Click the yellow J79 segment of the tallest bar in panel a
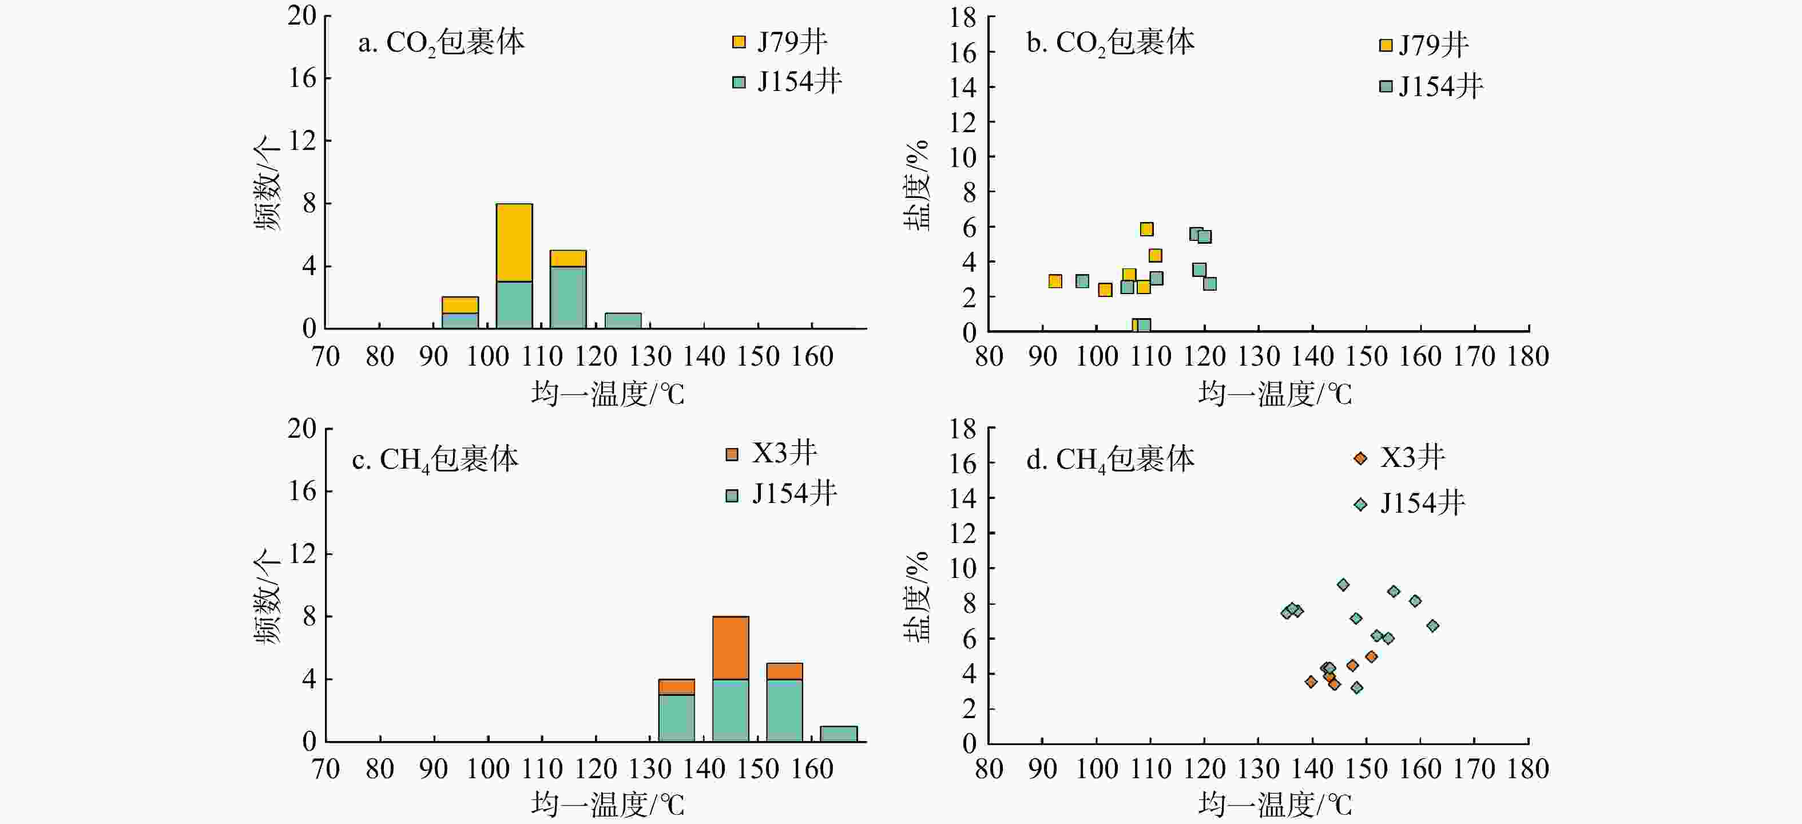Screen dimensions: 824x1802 [x=514, y=242]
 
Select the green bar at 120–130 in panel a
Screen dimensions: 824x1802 [x=622, y=320]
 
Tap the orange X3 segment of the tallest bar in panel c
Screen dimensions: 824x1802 [x=731, y=647]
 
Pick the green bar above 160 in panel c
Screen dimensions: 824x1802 [x=838, y=733]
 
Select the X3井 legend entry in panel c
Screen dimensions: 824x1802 [x=772, y=454]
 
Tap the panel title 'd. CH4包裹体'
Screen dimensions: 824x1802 [x=1110, y=459]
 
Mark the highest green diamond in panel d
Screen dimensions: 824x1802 [x=1343, y=585]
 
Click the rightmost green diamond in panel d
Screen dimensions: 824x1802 [x=1432, y=625]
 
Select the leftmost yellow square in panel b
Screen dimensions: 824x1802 [x=1055, y=281]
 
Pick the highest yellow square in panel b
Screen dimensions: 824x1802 [x=1146, y=229]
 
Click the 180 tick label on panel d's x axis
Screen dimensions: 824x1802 [x=1528, y=768]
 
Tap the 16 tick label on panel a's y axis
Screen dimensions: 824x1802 [x=302, y=78]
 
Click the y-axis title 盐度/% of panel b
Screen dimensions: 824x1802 [x=917, y=185]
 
